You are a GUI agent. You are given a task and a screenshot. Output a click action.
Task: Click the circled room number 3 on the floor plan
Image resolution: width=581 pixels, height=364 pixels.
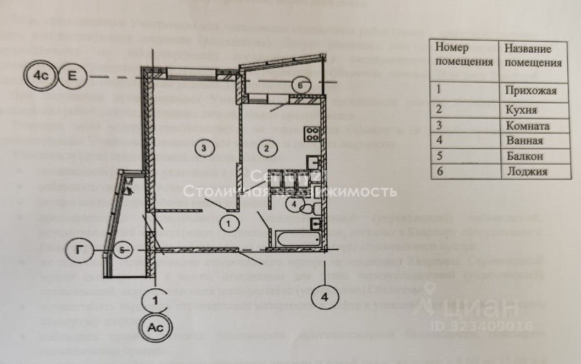[204, 147]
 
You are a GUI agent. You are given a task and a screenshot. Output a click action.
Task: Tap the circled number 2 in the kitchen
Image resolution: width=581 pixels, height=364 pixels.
[266, 148]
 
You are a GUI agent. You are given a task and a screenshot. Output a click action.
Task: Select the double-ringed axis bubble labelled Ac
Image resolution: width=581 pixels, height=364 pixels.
[156, 329]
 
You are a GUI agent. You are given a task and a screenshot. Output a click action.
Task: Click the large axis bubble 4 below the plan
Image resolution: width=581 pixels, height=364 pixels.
[325, 298]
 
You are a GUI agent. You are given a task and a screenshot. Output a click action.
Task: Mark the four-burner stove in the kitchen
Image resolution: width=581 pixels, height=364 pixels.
[312, 133]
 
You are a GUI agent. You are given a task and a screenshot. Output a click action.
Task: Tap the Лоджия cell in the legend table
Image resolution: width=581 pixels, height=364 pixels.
[526, 171]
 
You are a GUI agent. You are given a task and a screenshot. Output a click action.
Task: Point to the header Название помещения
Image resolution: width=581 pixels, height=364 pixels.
[532, 55]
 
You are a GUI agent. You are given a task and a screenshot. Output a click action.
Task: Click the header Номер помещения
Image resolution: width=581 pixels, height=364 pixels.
[465, 55]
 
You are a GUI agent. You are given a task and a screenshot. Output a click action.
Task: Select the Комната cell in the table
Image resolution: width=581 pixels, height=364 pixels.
[527, 125]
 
